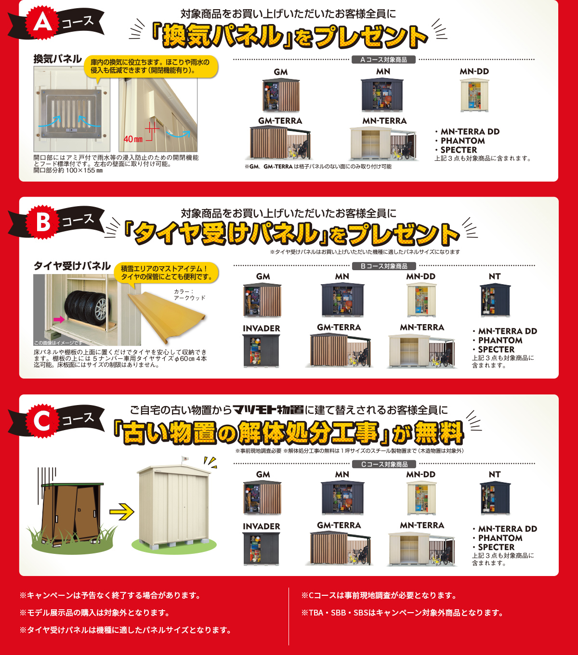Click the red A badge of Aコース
click(x=42, y=23)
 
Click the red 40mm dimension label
click(x=133, y=139)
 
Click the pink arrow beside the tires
click(x=59, y=320)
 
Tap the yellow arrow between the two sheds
click(x=121, y=512)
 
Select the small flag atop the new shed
click(x=184, y=458)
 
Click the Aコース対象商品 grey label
click(x=383, y=60)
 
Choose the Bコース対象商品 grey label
click(x=384, y=266)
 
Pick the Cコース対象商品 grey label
click(x=384, y=464)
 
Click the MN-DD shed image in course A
click(x=474, y=95)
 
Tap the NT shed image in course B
click(x=495, y=300)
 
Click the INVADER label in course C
click(x=262, y=526)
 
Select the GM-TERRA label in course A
click(x=280, y=121)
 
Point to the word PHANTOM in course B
click(x=500, y=341)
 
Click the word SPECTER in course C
click(x=496, y=547)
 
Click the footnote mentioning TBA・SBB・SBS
click(x=402, y=613)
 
